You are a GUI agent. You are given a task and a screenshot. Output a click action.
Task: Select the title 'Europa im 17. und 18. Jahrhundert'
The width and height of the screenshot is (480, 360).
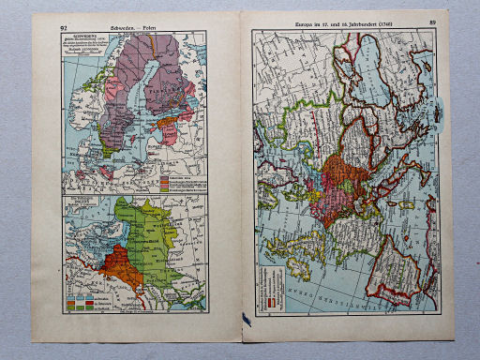click(x=338, y=22)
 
